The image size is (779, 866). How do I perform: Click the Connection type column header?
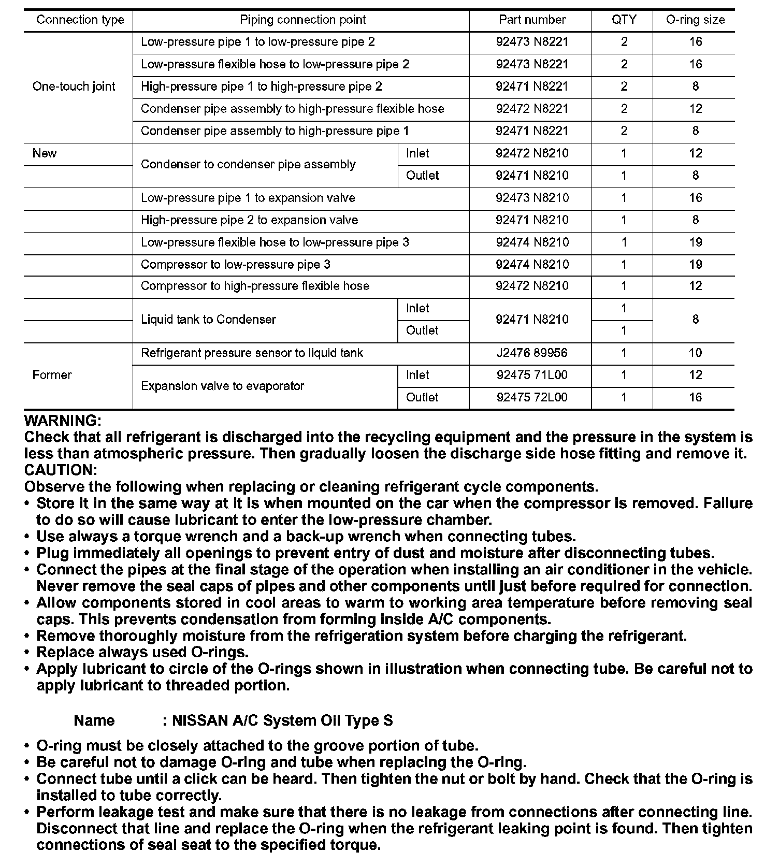[80, 20]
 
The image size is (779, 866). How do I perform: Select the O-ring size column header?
[695, 20]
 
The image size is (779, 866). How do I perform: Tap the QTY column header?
[624, 20]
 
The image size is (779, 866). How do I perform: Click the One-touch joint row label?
[74, 86]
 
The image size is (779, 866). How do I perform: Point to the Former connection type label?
[52, 375]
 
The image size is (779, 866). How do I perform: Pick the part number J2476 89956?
[532, 353]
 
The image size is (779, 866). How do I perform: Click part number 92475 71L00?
[532, 375]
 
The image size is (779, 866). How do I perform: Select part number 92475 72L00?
[532, 397]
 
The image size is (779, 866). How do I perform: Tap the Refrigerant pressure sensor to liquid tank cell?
[252, 353]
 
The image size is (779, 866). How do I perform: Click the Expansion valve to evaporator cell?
[223, 386]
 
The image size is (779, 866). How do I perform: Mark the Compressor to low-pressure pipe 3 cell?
[236, 265]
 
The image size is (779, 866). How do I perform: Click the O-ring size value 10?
[695, 353]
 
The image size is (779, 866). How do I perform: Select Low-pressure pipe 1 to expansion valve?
[248, 198]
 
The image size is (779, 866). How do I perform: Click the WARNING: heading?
[63, 421]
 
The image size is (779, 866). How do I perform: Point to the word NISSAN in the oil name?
[200, 720]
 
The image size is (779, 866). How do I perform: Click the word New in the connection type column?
[45, 153]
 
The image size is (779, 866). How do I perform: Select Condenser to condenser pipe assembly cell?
[248, 165]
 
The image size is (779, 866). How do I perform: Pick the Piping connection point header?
[302, 20]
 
